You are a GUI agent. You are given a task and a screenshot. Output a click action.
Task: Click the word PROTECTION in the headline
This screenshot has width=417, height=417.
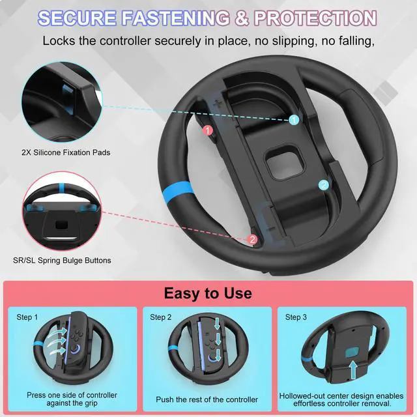(x=315, y=18)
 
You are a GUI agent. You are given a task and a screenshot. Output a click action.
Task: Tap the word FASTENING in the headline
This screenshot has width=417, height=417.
(x=175, y=18)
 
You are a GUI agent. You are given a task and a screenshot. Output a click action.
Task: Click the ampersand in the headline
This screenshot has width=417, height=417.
(x=242, y=18)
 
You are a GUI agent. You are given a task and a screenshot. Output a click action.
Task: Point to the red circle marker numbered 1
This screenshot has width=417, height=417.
(x=208, y=130)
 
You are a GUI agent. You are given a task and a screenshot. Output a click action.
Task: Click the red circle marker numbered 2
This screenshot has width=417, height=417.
(x=252, y=239)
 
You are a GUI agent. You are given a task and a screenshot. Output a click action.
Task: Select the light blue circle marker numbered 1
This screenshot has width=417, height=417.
(x=294, y=120)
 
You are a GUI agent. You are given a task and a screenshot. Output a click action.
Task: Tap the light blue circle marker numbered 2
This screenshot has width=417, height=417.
(x=323, y=185)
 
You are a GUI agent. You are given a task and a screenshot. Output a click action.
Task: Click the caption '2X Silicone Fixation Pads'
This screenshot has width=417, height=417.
(x=66, y=152)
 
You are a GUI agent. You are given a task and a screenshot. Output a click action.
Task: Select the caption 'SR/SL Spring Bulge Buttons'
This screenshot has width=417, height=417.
(x=62, y=260)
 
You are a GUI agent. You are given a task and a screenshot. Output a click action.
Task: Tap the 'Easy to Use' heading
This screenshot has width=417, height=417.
(x=208, y=293)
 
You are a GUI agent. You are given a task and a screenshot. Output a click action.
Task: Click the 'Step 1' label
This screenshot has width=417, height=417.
(x=27, y=317)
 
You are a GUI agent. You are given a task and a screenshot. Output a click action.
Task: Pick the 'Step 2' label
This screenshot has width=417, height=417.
(x=161, y=317)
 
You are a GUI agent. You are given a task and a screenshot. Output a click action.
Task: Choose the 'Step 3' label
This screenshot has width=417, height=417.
(x=296, y=317)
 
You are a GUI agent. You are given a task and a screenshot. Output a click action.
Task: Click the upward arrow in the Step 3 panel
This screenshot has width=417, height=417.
(x=353, y=370)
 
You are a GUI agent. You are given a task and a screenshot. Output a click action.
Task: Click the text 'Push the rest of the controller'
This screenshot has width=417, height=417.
(x=207, y=399)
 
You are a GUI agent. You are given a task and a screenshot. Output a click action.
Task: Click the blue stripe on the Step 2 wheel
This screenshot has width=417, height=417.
(x=173, y=348)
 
